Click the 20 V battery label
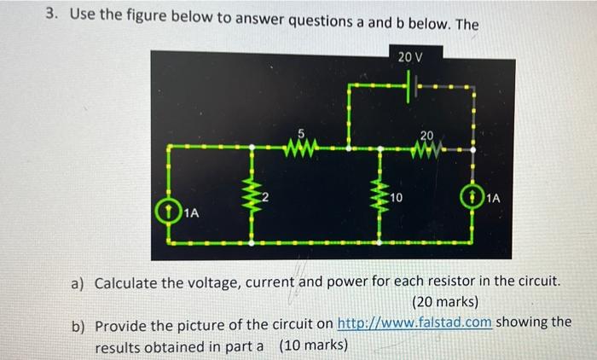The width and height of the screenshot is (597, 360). [409, 57]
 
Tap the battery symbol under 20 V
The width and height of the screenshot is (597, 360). [414, 86]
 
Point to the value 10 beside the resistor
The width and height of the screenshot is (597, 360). [396, 199]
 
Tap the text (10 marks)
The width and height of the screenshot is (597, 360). [313, 345]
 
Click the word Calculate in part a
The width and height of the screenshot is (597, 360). [128, 282]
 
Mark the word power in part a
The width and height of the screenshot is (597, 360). [347, 282]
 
